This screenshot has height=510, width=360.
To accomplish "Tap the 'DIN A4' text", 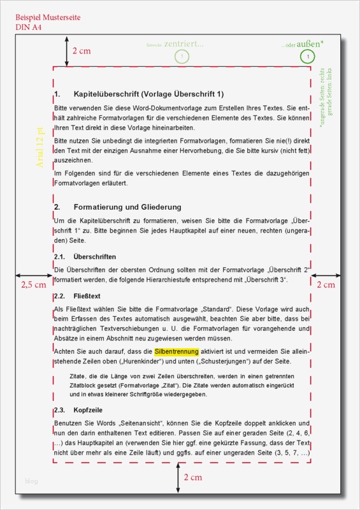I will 30,27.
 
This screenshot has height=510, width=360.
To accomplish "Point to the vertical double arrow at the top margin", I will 66,50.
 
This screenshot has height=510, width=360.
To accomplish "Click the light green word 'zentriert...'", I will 184,44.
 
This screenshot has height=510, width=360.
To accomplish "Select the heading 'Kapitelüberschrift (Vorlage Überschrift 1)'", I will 148,94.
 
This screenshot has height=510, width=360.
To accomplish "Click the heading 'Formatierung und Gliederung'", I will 127,207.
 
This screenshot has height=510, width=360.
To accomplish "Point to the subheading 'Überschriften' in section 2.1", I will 95,256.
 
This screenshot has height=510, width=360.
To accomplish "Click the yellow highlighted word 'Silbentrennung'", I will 176,351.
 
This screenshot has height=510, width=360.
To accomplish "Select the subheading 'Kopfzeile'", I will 88,410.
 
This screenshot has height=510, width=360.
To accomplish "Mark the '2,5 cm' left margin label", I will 33,284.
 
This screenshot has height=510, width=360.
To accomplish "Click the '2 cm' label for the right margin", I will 326,284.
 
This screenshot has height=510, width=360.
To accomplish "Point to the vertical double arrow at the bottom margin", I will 178,478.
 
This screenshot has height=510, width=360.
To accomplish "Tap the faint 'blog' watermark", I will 31,481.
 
